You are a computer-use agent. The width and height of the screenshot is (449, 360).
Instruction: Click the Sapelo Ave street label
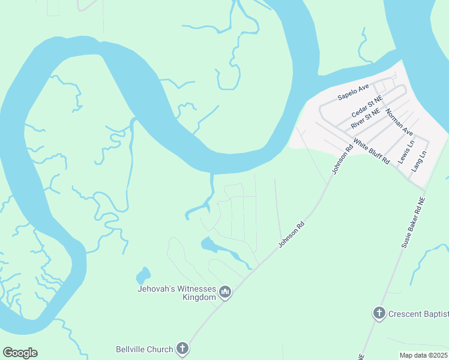tap(353, 92)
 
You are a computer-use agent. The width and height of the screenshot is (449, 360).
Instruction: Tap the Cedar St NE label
tap(367, 106)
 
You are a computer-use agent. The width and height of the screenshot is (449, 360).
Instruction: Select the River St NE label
tap(366, 119)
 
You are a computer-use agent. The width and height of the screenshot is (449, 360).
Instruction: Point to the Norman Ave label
tap(399, 122)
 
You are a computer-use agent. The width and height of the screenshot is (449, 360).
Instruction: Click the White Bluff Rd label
tap(371, 152)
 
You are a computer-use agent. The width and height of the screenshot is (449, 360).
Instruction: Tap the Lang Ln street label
tap(419, 162)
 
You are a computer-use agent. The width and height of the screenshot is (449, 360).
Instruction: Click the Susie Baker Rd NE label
tap(414, 223)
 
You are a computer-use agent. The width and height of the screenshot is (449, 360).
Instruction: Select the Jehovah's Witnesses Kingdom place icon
tap(226, 292)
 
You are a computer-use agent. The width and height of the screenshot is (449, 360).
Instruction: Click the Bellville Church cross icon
tap(182, 349)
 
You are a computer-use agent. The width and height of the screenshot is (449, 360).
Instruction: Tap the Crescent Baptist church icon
tap(379, 313)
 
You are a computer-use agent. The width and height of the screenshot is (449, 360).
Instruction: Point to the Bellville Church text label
tap(144, 349)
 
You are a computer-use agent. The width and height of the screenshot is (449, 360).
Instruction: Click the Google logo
tap(20, 353)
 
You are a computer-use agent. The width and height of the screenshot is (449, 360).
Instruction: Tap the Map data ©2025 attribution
tap(423, 355)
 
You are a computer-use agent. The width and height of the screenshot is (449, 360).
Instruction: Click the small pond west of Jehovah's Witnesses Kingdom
tap(143, 275)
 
